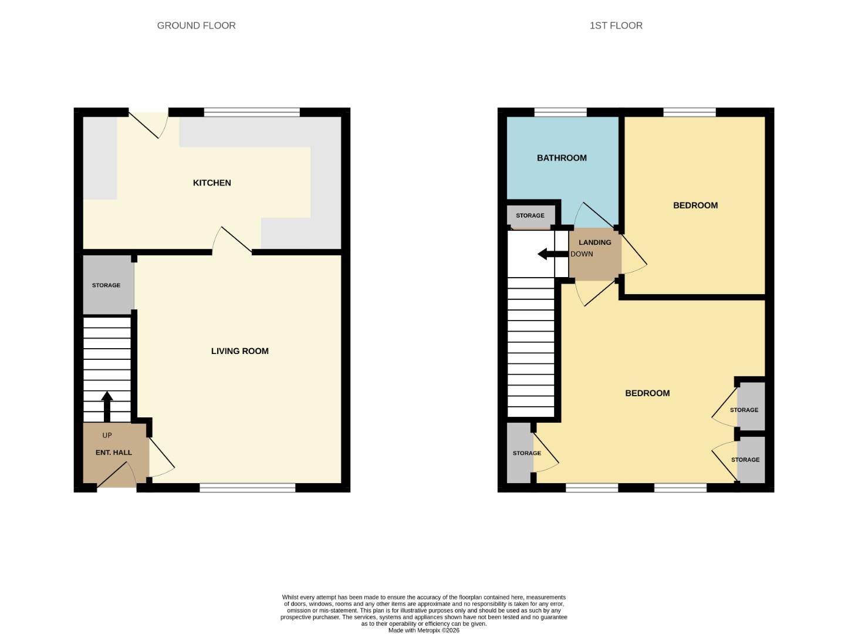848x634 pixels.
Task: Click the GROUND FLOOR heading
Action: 196,25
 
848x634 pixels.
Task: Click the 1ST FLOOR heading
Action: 616,25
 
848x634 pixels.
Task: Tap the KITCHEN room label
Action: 212,183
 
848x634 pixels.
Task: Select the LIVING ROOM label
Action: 239,351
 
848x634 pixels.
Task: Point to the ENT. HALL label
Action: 114,453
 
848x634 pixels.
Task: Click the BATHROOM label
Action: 562,158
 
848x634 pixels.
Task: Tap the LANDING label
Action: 594,242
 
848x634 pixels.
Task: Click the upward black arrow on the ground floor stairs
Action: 107,406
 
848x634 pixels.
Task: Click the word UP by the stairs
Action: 107,435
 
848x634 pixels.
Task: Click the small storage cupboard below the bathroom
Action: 531,215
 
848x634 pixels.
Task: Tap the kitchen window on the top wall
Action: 252,112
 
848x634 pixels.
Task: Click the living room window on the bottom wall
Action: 247,488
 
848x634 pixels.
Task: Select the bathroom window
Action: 560,112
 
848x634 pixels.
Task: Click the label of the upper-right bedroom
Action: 695,205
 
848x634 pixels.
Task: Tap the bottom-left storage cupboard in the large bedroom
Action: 520,453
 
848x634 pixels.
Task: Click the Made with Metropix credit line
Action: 424,630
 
